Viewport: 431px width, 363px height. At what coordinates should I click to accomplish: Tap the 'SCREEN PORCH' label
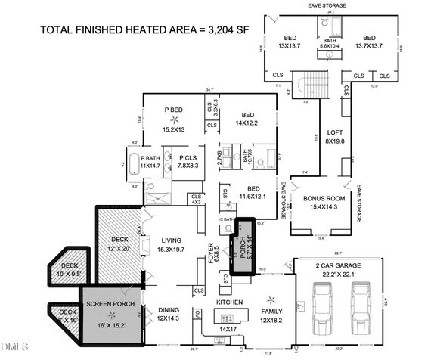pos(110,304)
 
